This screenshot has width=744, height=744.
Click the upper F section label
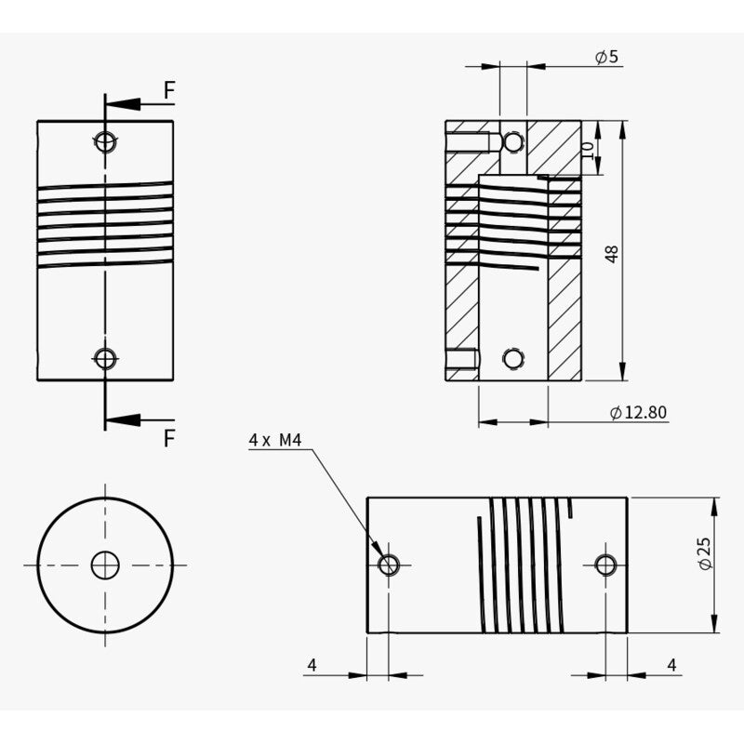168,90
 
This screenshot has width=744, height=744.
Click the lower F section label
168,438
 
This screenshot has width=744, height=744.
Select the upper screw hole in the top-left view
106,141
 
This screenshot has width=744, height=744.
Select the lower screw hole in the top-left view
106,357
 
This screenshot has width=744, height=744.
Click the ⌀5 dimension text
606,58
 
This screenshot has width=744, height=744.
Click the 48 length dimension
611,253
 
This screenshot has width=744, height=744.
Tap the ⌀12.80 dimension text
638,413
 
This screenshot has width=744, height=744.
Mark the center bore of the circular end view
105,565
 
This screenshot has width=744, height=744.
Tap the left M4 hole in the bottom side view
390,564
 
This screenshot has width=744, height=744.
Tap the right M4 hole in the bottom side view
605,564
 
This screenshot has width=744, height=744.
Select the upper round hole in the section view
512,141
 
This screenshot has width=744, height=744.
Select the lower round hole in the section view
511,359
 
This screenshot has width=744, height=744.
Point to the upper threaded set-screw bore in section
471,142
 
